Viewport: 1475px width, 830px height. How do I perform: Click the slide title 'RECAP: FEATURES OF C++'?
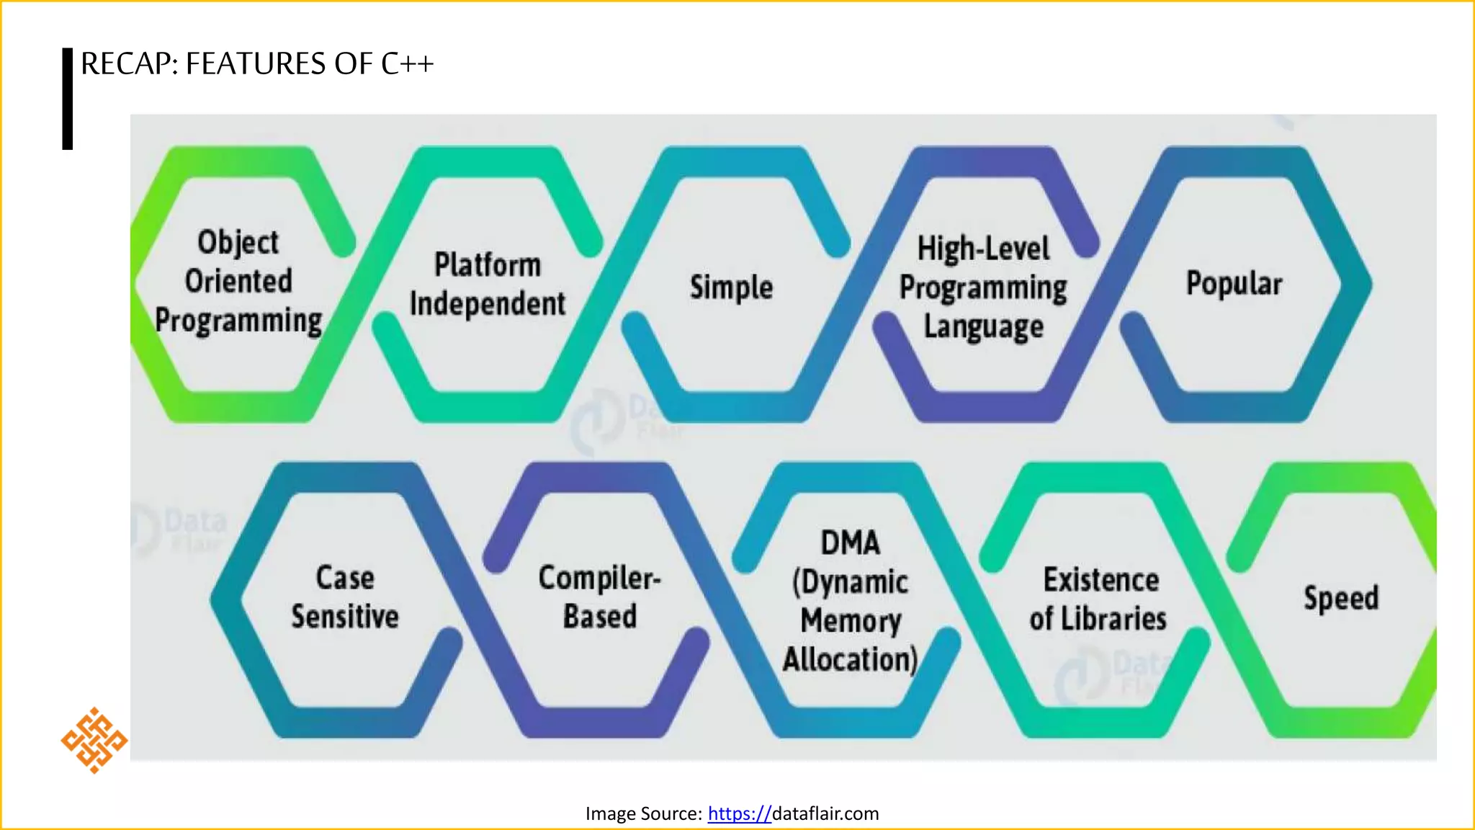(x=257, y=64)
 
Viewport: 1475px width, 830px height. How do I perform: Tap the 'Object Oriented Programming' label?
(x=238, y=282)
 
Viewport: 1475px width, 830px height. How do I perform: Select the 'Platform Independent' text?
(x=488, y=285)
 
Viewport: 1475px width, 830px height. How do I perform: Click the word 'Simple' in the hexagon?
(x=731, y=287)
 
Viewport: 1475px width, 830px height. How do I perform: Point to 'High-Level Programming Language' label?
(x=983, y=287)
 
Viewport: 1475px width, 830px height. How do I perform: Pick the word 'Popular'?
(x=1234, y=283)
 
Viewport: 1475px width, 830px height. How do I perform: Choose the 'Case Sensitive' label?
(x=345, y=597)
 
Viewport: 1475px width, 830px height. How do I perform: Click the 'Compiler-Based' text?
(x=599, y=597)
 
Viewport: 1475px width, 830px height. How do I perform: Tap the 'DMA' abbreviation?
(x=851, y=543)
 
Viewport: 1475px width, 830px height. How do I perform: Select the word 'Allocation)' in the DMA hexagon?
(x=851, y=659)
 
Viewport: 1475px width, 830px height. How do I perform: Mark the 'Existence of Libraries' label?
(x=1099, y=599)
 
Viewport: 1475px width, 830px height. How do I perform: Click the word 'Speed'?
(x=1341, y=598)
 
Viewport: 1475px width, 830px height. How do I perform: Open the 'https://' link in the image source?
(x=739, y=813)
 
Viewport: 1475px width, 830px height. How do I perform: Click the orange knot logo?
(x=94, y=741)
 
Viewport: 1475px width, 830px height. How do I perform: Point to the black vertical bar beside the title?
(x=68, y=99)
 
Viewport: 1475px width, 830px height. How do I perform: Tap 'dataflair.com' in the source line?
(x=825, y=813)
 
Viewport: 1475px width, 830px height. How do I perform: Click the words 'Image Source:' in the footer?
(x=643, y=813)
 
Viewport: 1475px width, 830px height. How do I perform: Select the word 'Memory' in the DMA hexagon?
(x=851, y=620)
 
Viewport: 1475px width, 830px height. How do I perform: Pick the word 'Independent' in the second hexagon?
(x=488, y=304)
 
